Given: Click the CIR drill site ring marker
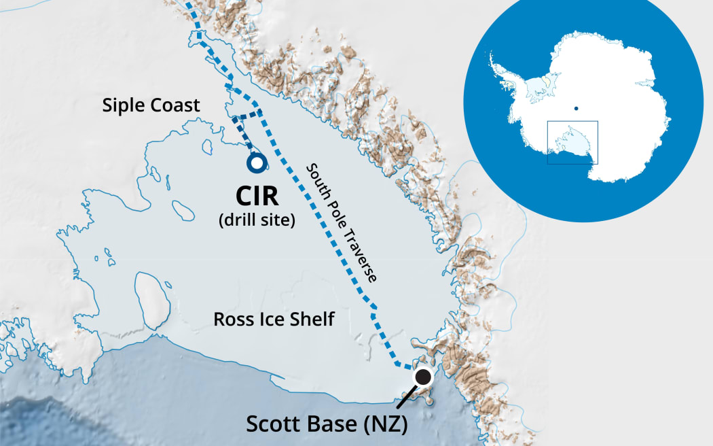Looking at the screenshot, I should point(257,163).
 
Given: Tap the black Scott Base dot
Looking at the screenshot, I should point(424,377).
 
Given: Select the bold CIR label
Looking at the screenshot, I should point(256,196).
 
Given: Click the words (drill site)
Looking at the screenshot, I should point(256,220).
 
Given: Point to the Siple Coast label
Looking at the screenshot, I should point(151,105).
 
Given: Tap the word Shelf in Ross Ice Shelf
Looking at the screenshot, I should point(313,319).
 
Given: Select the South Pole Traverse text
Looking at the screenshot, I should point(342,222).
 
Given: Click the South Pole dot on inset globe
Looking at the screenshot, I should point(576,107).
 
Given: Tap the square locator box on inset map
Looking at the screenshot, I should point(572,143).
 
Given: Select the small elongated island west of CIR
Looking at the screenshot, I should point(181,207).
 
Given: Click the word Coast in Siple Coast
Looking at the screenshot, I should point(179,105).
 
